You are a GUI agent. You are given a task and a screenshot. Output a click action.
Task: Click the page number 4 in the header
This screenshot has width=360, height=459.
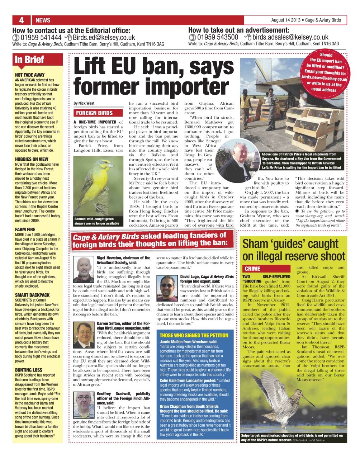[x=22, y=20]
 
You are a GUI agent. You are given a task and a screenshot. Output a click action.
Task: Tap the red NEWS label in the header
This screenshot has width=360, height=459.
[x=43, y=20]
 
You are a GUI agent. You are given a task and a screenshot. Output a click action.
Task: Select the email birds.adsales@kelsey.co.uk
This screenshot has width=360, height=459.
[x=290, y=37]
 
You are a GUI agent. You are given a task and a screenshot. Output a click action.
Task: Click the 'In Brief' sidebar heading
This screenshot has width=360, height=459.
[x=29, y=60]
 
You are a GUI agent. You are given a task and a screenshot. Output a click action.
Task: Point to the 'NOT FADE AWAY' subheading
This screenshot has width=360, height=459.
[x=30, y=75]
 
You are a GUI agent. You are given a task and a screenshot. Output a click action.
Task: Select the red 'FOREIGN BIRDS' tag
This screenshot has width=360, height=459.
[x=94, y=113]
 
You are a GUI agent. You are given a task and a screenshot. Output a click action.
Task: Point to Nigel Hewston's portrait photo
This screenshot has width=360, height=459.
[x=84, y=269]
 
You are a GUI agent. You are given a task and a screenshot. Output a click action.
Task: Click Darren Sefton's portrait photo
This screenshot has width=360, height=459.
[x=84, y=334]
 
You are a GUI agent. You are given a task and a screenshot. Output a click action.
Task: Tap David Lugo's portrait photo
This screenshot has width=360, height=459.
[x=167, y=286]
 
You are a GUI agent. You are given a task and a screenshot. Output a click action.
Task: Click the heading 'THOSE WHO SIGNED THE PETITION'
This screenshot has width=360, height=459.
[x=194, y=335]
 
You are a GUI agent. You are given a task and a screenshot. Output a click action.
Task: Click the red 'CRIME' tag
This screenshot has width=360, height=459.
[x=252, y=269]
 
